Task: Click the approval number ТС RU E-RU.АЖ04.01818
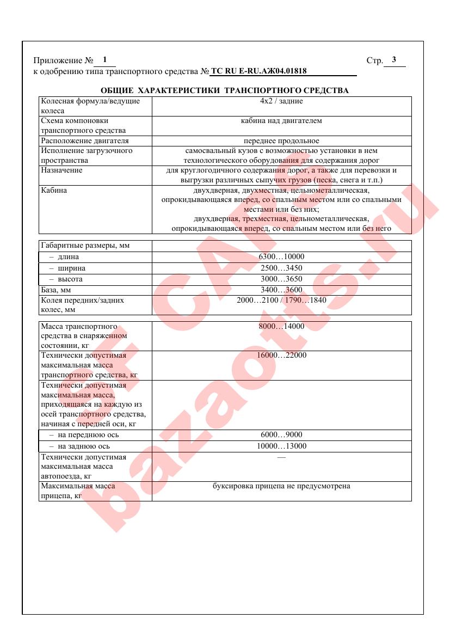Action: click(258, 71)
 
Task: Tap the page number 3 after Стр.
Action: click(394, 60)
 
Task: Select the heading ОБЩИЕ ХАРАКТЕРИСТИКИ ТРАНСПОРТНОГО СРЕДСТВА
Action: click(225, 90)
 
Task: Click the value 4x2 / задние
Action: click(281, 101)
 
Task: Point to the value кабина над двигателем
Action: click(281, 121)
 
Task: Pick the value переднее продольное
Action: click(281, 141)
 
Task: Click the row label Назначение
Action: click(62, 170)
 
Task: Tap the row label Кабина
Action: click(54, 191)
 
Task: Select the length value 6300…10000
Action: click(281, 257)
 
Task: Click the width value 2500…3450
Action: click(281, 268)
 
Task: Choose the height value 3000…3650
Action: click(281, 279)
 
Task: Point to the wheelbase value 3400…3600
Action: click(281, 290)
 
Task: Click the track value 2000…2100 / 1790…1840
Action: click(281, 300)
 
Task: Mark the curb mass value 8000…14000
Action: click(281, 327)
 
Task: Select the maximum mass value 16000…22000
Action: click(281, 356)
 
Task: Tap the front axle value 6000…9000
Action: click(281, 435)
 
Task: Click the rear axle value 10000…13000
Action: click(281, 446)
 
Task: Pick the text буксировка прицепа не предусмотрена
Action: click(281, 486)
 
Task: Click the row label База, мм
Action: click(56, 290)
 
